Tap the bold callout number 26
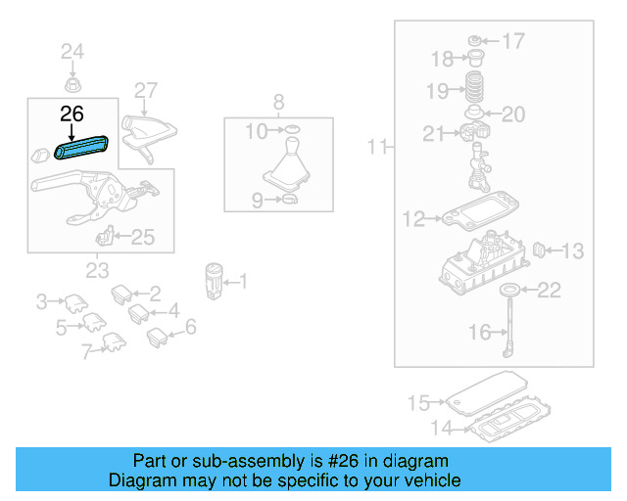tap(72, 114)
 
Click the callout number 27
tap(145, 91)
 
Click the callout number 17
tap(513, 41)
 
